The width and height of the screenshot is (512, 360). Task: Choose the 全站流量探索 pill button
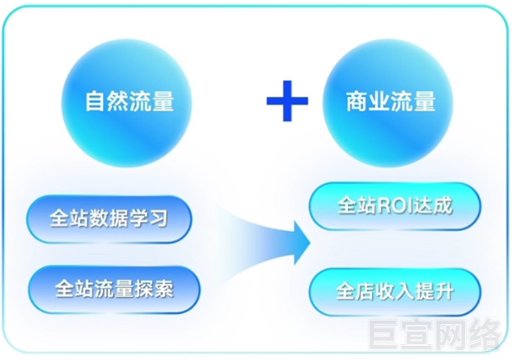pyautogui.click(x=114, y=291)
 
